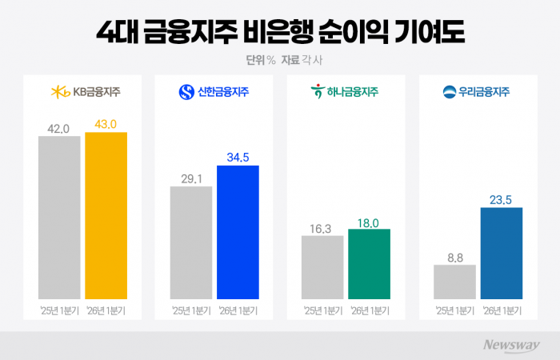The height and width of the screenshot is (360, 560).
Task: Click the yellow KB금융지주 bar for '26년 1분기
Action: (106, 214)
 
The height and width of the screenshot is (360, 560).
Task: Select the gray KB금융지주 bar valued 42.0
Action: (59, 216)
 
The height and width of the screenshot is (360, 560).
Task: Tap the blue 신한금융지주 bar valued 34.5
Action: (238, 231)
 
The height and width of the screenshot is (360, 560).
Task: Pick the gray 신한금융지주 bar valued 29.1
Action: (191, 242)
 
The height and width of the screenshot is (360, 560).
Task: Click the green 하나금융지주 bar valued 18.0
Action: (370, 263)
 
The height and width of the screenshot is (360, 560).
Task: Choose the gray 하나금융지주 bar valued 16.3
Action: (322, 266)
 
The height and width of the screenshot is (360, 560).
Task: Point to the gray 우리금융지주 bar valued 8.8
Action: (454, 281)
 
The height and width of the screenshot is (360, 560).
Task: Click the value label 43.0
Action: (106, 124)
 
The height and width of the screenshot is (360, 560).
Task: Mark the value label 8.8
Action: (454, 257)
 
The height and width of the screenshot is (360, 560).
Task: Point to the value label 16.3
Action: (322, 227)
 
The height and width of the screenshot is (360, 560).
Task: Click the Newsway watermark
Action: (511, 345)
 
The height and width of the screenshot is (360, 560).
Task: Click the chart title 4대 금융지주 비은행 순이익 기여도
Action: (280, 33)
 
